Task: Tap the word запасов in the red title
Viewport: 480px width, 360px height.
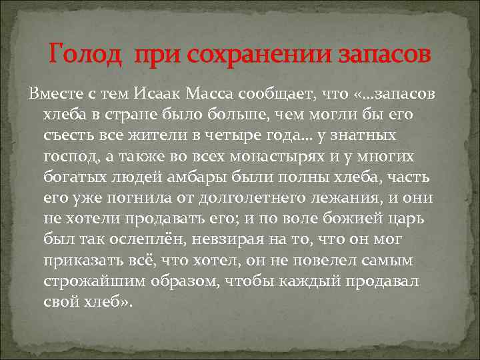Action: click(x=387, y=53)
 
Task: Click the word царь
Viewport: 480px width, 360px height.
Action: click(x=397, y=219)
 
